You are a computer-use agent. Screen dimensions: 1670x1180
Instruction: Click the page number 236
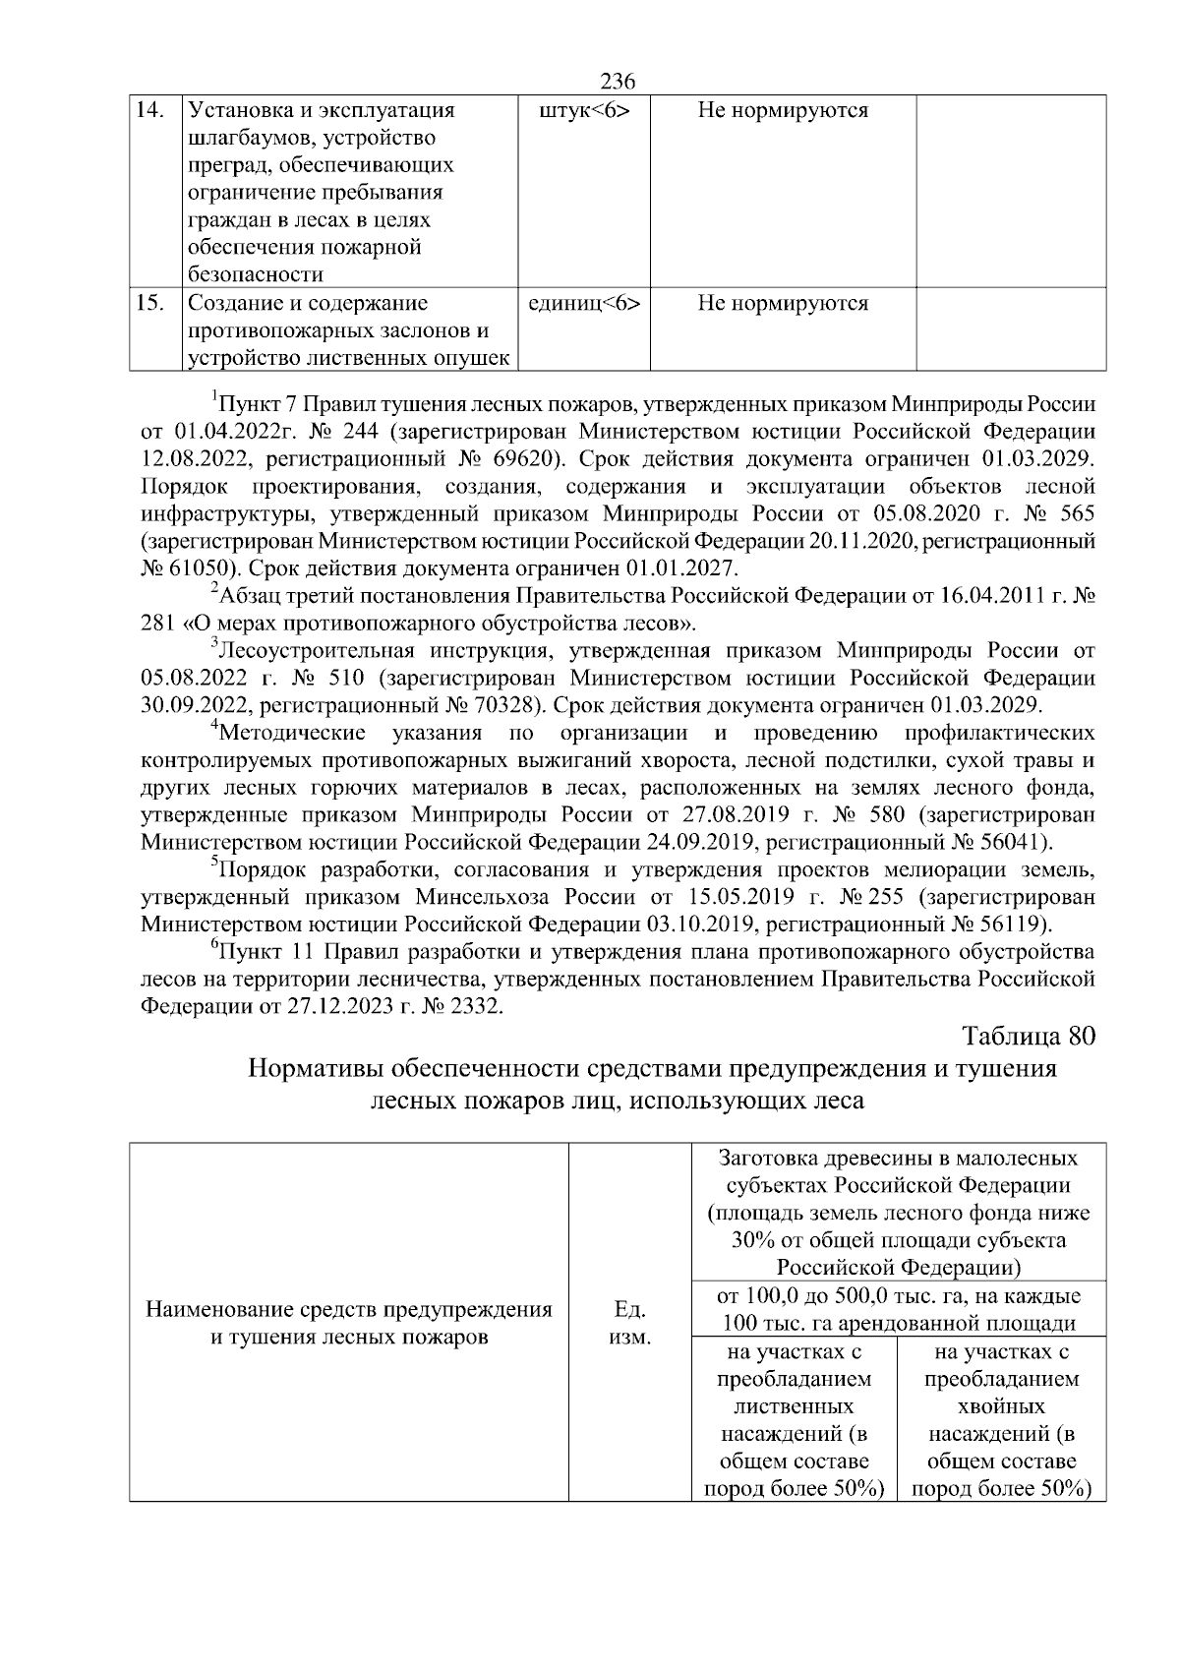pos(618,81)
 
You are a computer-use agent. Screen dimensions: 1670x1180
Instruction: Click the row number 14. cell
pos(149,111)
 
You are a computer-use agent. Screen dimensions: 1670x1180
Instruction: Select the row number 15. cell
pos(149,303)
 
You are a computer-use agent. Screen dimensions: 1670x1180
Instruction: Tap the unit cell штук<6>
pos(585,111)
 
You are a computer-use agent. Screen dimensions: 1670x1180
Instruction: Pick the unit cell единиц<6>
pos(585,303)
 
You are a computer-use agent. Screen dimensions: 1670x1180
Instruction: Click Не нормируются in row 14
pos(783,111)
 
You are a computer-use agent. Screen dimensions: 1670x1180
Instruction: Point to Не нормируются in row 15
pos(783,303)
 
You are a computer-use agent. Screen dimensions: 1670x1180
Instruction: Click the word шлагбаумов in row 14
pos(250,138)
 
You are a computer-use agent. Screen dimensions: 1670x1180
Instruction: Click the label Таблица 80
pos(1028,1037)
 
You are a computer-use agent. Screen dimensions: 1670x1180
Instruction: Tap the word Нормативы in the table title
pos(316,1068)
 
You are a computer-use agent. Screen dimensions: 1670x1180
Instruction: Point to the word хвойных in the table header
pos(1001,1406)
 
